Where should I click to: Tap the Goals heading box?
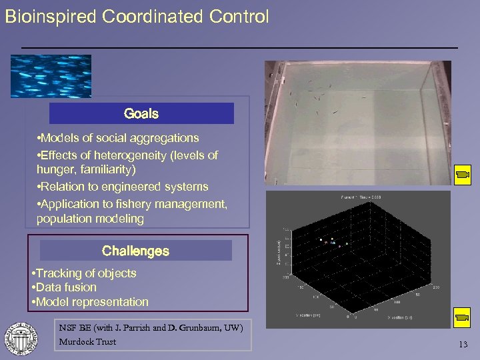tap(141, 113)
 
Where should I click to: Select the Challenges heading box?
tap(135, 251)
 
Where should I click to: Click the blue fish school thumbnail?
tap(51, 76)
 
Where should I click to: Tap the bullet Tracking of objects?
tap(85, 273)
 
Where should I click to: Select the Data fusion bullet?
tap(65, 287)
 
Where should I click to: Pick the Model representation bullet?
tap(91, 302)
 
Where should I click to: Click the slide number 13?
tap(463, 344)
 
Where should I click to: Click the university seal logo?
tap(21, 337)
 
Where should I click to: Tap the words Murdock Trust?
tap(87, 342)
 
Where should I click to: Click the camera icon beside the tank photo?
tap(461, 175)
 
